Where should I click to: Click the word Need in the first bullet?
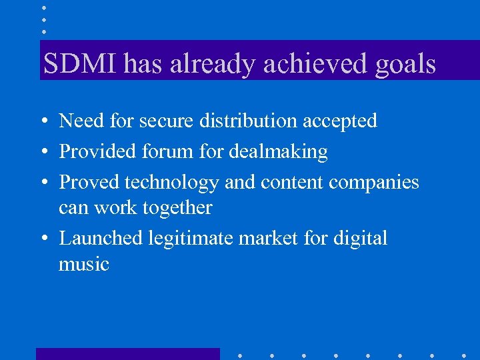78,121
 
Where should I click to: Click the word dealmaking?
278,151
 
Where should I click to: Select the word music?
83,264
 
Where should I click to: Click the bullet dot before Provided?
43,153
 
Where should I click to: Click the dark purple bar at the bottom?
127,354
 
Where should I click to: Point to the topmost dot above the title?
44,7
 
